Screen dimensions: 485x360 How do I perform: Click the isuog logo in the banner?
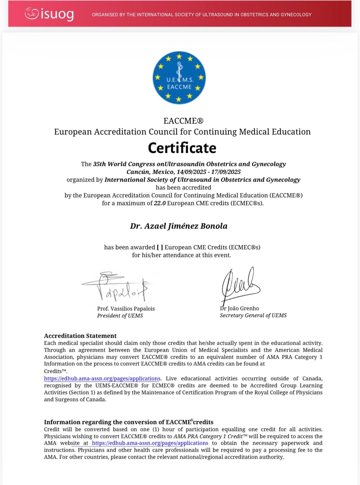pyautogui.click(x=49, y=14)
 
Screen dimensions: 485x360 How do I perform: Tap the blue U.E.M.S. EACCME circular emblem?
pyautogui.click(x=179, y=78)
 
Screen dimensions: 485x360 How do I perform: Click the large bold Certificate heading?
pyautogui.click(x=182, y=148)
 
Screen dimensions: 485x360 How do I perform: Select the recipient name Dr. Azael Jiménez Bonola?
pyautogui.click(x=179, y=226)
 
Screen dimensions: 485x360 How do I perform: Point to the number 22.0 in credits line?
pyautogui.click(x=160, y=203)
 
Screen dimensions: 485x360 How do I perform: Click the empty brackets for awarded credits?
pyautogui.click(x=160, y=247)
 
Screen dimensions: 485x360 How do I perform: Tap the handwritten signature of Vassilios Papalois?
pyautogui.click(x=117, y=287)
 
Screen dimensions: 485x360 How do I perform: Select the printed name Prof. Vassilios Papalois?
pyautogui.click(x=126, y=309)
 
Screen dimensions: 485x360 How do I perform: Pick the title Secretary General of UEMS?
pyautogui.click(x=253, y=316)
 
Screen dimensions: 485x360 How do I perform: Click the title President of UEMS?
pyautogui.click(x=120, y=316)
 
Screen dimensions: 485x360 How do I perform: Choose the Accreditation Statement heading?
pyautogui.click(x=80, y=336)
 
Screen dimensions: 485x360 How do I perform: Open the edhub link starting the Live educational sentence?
pyautogui.click(x=102, y=379)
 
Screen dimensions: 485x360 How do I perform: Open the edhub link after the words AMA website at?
pyautogui.click(x=150, y=443)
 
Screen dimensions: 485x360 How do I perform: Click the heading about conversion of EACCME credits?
pyautogui.click(x=129, y=422)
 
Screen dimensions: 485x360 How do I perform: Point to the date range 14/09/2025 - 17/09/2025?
pyautogui.click(x=209, y=172)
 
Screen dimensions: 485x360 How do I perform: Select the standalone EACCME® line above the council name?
pyautogui.click(x=183, y=121)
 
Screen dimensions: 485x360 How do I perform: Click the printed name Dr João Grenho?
pyautogui.click(x=239, y=309)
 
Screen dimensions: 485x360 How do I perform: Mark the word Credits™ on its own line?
pyautogui.click(x=55, y=371)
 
